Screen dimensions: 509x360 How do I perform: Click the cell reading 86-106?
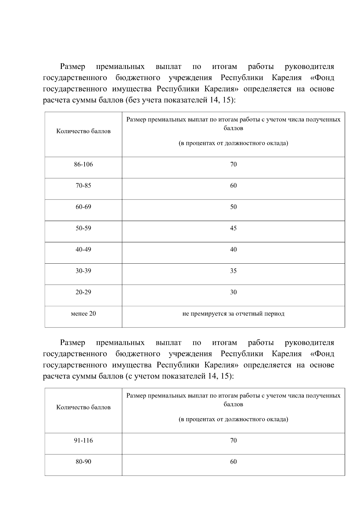pyautogui.click(x=83, y=164)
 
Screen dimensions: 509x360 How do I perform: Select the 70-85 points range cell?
pyautogui.click(x=83, y=186)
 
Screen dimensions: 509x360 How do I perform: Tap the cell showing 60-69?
pyautogui.click(x=83, y=207)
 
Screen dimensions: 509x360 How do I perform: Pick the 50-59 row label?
pyautogui.click(x=83, y=228)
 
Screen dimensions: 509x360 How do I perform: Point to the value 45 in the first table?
pyautogui.click(x=233, y=228)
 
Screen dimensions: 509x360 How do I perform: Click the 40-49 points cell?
pyautogui.click(x=83, y=250)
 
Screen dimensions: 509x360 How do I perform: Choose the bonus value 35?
pyautogui.click(x=233, y=271)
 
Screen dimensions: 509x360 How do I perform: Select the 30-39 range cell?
pyautogui.click(x=83, y=271)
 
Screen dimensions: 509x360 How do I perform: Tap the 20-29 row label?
pyautogui.click(x=83, y=292)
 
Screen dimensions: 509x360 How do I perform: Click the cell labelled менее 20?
pyautogui.click(x=83, y=314)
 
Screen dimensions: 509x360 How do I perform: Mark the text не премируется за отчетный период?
pyautogui.click(x=233, y=314)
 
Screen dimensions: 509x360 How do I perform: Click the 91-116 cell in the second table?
pyautogui.click(x=83, y=441)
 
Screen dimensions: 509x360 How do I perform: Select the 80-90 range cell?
pyautogui.click(x=83, y=462)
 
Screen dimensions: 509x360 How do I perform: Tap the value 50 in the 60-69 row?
pyautogui.click(x=233, y=207)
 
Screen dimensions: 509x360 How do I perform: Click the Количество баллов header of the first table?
pyautogui.click(x=83, y=131)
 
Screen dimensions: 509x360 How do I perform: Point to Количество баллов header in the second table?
pyautogui.click(x=83, y=407)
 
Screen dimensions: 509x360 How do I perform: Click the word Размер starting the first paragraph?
pyautogui.click(x=73, y=66)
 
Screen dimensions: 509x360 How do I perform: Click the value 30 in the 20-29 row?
pyautogui.click(x=233, y=292)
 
